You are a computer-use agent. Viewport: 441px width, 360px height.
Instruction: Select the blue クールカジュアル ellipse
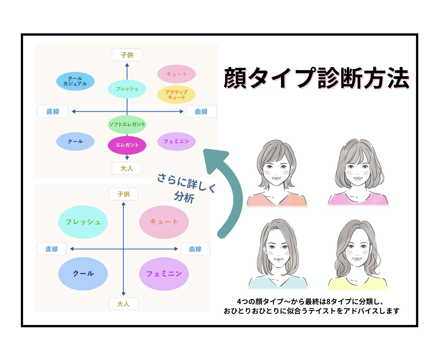pyautogui.click(x=75, y=81)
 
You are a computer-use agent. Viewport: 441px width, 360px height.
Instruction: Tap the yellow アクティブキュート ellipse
pyautogui.click(x=176, y=95)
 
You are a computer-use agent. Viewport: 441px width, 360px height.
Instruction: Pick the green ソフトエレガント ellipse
pyautogui.click(x=127, y=124)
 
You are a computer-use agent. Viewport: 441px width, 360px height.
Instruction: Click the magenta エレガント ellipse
pyautogui.click(x=127, y=145)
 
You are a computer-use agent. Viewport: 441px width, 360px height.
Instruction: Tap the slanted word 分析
pyautogui.click(x=184, y=197)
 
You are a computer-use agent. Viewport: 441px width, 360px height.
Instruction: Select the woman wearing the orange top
pyautogui.click(x=277, y=175)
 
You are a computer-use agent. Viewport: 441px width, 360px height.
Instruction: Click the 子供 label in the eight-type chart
pyautogui.click(x=127, y=55)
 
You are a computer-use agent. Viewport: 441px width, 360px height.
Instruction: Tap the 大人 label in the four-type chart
pyautogui.click(x=123, y=304)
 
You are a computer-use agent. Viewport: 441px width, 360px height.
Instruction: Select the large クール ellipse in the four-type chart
pyautogui.click(x=83, y=274)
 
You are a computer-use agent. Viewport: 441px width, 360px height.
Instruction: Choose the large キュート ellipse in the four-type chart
pyautogui.click(x=164, y=222)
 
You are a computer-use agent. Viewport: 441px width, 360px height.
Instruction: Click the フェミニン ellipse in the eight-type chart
pyautogui.click(x=176, y=142)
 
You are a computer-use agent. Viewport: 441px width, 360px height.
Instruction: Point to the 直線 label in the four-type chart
pyautogui.click(x=52, y=249)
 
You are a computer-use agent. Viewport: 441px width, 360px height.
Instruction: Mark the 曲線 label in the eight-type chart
pyautogui.click(x=201, y=112)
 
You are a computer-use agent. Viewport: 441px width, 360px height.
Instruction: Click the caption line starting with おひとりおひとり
pyautogui.click(x=311, y=311)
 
